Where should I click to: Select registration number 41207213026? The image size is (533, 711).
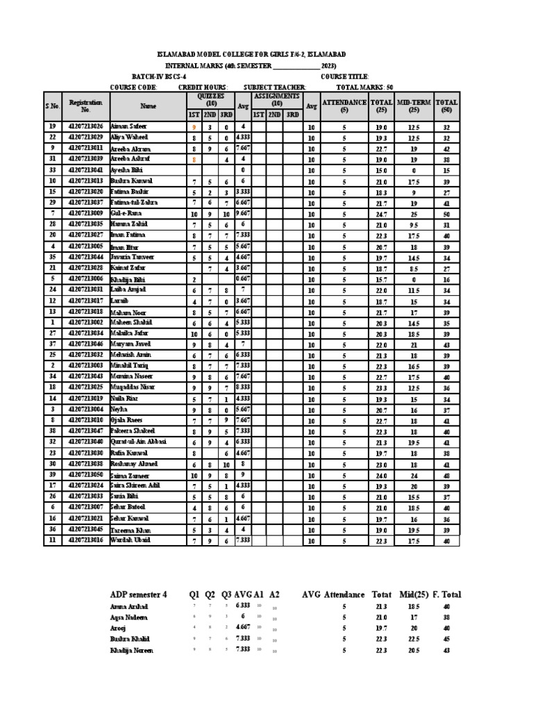[86, 126]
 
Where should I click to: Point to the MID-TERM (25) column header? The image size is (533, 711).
[414, 106]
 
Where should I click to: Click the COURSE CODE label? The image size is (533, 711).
[134, 87]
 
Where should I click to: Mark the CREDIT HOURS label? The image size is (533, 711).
[203, 87]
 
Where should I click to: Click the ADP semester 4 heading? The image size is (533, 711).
[139, 594]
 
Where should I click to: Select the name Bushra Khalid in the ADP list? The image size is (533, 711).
[129, 638]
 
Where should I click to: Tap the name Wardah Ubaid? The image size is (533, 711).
[128, 539]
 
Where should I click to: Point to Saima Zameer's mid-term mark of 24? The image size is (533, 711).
[414, 475]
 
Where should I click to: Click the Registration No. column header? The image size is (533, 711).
[86, 106]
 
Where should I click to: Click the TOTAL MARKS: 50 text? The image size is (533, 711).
[364, 87]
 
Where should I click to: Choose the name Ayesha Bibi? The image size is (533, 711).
[126, 169]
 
